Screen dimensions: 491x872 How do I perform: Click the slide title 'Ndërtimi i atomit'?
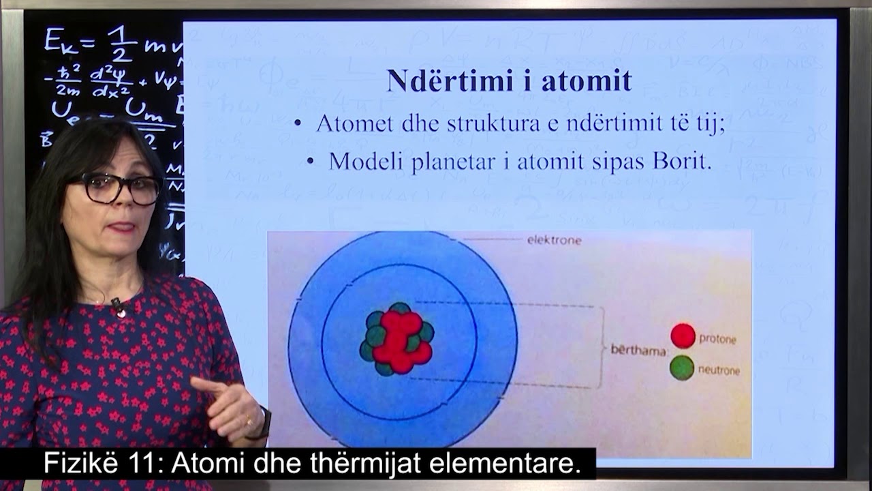pyautogui.click(x=509, y=80)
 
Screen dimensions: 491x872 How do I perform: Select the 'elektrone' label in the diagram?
pyautogui.click(x=554, y=240)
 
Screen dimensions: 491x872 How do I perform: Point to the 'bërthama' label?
pyautogui.click(x=638, y=350)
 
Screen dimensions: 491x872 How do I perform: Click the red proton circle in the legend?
pyautogui.click(x=683, y=336)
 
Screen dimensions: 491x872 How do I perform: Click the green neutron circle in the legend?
pyautogui.click(x=682, y=368)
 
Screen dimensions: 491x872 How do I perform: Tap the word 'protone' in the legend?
pyautogui.click(x=717, y=339)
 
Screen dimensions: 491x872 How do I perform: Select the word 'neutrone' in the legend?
pyautogui.click(x=719, y=370)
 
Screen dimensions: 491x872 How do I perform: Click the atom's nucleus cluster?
pyautogui.click(x=396, y=339)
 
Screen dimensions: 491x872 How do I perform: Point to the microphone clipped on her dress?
pyautogui.click(x=118, y=306)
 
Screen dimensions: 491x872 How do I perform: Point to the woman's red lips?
pyautogui.click(x=123, y=227)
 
